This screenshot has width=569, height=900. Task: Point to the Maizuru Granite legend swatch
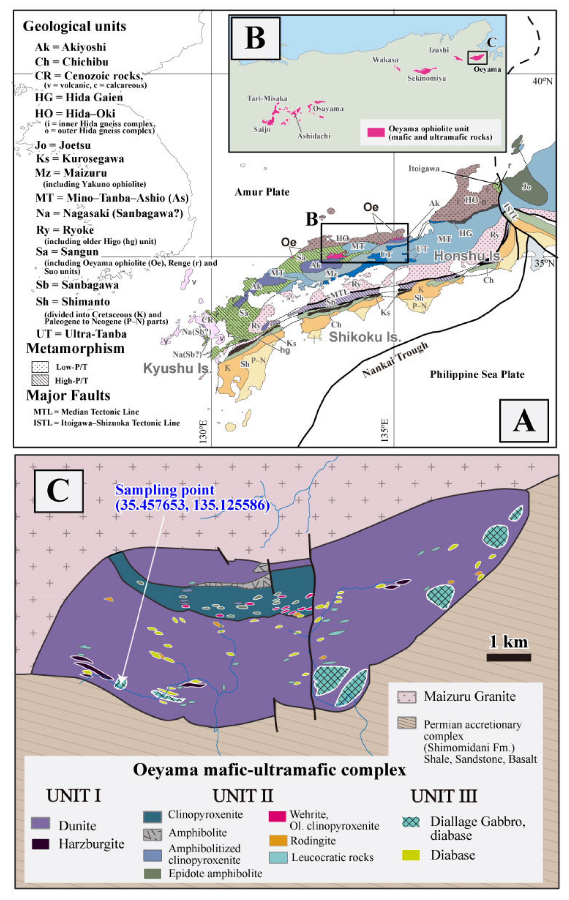[406, 697]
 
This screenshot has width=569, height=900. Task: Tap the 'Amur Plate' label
[262, 192]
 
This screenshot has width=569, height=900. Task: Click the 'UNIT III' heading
[444, 796]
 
